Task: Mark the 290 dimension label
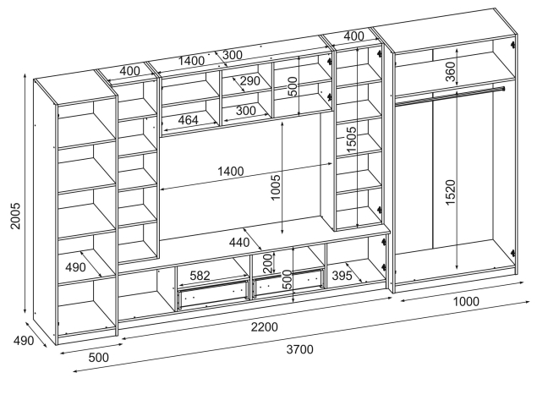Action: pyautogui.click(x=249, y=82)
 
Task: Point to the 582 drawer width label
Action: pyautogui.click(x=200, y=276)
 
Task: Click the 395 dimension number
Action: pyautogui.click(x=342, y=276)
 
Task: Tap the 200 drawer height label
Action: pyautogui.click(x=268, y=262)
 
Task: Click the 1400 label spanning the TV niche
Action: pyautogui.click(x=230, y=172)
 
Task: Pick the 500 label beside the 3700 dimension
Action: pyautogui.click(x=99, y=357)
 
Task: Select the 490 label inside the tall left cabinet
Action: pyautogui.click(x=75, y=268)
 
